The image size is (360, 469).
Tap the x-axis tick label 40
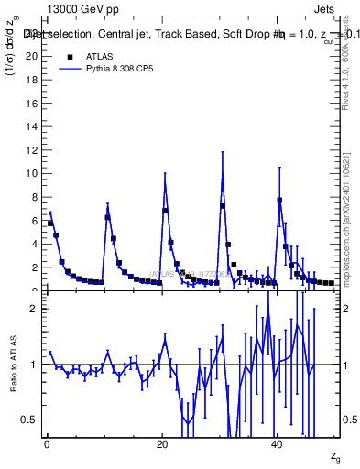[x=277, y=444]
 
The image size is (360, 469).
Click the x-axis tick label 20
[x=161, y=444]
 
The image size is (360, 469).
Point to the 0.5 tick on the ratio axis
[x=32, y=420]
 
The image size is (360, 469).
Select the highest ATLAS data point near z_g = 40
[x=279, y=200]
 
